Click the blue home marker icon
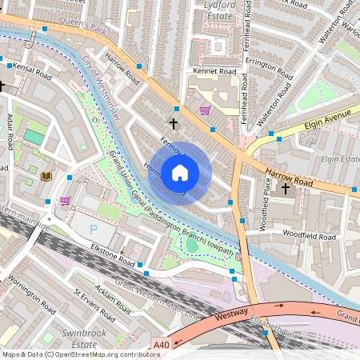(180, 173)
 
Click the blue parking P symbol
(94, 228)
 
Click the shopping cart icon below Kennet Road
(205, 110)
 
